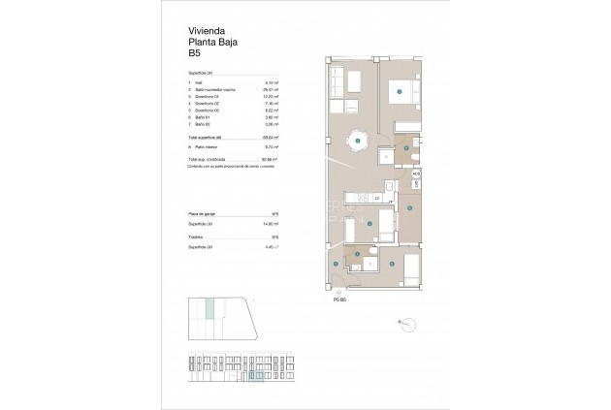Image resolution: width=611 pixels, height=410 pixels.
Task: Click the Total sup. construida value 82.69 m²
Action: (x=270, y=159)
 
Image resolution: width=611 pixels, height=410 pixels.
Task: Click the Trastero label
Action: (x=200, y=236)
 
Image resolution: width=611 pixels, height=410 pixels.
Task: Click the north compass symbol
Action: (x=406, y=324)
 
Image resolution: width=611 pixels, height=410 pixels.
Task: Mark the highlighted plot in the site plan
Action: (x=209, y=311)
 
